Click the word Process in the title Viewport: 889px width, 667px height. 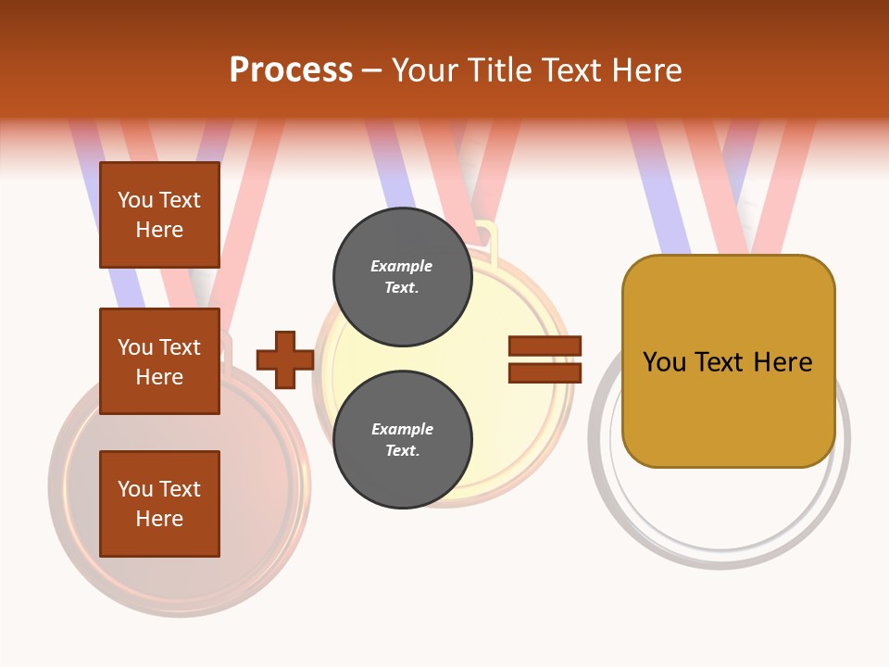pos(291,70)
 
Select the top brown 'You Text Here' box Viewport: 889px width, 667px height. pos(159,215)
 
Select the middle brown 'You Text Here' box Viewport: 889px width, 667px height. pos(159,361)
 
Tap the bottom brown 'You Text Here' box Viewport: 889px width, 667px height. pos(159,504)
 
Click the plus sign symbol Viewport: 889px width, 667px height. pos(284,360)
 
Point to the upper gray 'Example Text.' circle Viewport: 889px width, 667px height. pos(402,276)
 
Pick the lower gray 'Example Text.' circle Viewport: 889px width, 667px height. pos(402,439)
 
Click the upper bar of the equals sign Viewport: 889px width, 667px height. pos(545,346)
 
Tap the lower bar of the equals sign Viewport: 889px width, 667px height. pos(545,373)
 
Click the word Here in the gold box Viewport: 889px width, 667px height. pos(783,362)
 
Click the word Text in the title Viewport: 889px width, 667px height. pos(574,70)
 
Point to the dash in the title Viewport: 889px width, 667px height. pos(372,71)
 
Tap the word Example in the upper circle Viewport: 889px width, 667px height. pos(402,266)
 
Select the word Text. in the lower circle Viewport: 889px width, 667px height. pos(402,451)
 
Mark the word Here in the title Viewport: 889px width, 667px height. pos(648,70)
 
